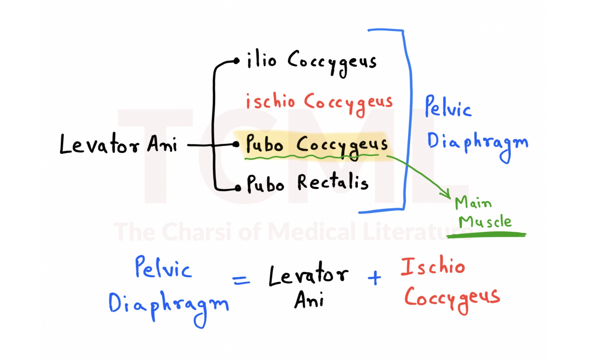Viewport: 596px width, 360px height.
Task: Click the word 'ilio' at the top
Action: click(261, 60)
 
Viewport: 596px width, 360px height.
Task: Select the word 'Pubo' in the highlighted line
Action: click(264, 144)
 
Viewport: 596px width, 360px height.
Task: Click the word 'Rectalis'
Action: click(333, 182)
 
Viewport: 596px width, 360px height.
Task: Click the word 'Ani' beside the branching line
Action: click(162, 144)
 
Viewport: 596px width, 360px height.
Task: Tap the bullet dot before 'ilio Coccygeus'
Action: click(236, 61)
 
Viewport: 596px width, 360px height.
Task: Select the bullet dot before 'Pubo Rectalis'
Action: click(238, 188)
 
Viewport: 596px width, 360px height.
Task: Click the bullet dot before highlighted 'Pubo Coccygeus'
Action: click(236, 144)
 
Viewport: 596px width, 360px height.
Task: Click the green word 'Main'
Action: click(473, 203)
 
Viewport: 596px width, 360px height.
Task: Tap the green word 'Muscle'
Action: click(485, 222)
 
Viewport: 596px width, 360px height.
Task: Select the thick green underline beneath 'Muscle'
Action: click(487, 234)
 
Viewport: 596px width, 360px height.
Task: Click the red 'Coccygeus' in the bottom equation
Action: click(452, 298)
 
